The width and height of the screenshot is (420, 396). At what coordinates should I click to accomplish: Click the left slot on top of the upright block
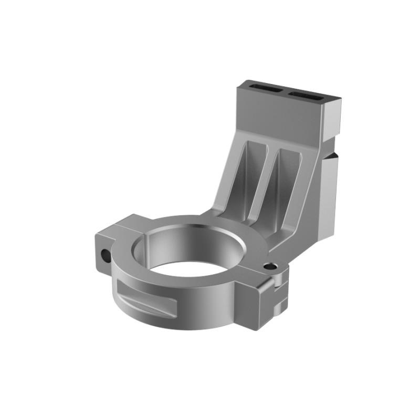(266, 88)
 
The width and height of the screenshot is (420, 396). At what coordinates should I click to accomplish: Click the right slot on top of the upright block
(307, 95)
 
